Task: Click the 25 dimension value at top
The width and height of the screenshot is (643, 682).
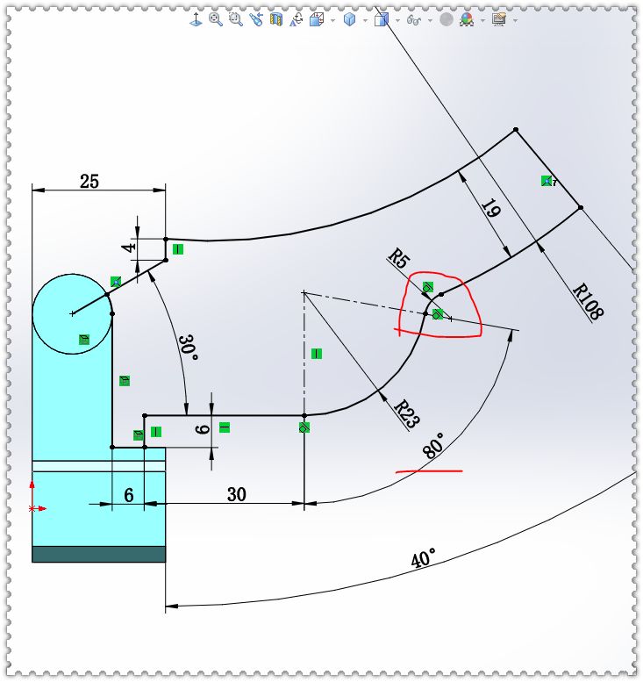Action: [x=89, y=182]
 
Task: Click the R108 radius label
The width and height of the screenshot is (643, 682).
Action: [x=590, y=301]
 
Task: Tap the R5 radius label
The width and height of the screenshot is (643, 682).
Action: [x=399, y=259]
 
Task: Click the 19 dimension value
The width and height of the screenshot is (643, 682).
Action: [x=490, y=211]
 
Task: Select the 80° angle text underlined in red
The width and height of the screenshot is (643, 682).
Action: [x=433, y=446]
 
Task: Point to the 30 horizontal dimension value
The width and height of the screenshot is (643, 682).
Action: [x=237, y=495]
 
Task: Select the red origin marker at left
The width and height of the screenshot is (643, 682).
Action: [x=33, y=508]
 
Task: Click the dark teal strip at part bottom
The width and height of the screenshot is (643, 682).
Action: [x=98, y=554]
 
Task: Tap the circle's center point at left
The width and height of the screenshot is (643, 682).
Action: [x=73, y=312]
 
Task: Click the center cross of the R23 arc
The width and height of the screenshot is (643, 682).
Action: [x=303, y=291]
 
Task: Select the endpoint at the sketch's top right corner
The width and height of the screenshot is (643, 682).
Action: [x=515, y=130]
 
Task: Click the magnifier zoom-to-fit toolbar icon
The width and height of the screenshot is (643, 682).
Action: [x=214, y=18]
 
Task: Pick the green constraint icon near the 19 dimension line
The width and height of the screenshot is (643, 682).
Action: [x=547, y=182]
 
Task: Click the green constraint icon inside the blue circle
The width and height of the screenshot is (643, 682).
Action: [x=84, y=339]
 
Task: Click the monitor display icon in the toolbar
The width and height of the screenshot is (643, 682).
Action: [x=498, y=18]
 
